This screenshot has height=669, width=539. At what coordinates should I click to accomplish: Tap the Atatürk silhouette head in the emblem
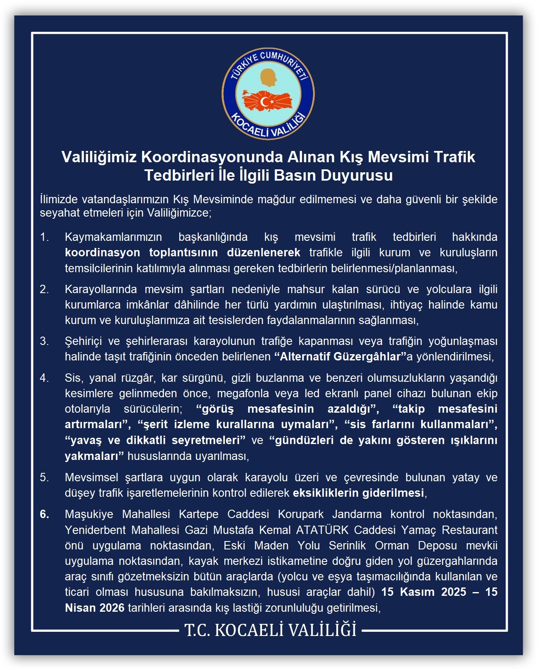[269, 77]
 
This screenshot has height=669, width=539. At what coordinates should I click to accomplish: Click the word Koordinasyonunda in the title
[212, 157]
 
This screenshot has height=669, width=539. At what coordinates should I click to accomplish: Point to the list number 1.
[44, 237]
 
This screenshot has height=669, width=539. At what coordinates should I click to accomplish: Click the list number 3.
[44, 341]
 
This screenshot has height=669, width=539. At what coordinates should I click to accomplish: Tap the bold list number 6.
[44, 514]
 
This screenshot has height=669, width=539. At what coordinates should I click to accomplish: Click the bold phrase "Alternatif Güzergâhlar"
[340, 357]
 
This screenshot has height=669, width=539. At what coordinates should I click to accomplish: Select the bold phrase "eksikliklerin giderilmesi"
[358, 493]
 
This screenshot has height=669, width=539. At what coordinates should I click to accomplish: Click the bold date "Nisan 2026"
[95, 608]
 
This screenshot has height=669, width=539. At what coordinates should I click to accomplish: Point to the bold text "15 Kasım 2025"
[424, 592]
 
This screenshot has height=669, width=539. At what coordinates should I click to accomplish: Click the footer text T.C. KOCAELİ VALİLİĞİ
[270, 630]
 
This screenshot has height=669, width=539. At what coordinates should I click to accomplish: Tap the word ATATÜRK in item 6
[322, 530]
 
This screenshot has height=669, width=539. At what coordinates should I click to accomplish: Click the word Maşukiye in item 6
[91, 514]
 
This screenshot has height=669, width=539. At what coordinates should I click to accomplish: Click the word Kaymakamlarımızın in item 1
[113, 237]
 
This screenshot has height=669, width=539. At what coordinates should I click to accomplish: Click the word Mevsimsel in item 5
[92, 477]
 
